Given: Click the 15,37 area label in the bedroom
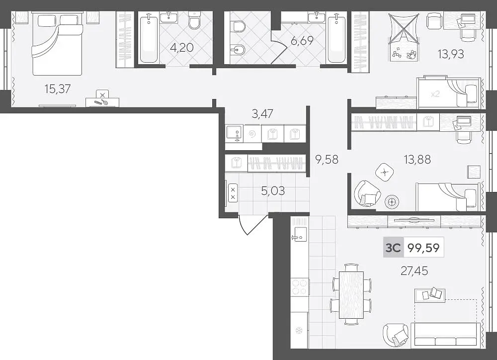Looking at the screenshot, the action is tap(57, 89).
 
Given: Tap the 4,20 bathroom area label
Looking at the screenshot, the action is tap(181, 48).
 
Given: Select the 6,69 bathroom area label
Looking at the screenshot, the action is tap(302, 41).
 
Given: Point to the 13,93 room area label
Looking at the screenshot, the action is tap(451, 54).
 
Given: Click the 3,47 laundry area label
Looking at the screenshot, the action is tap(262, 113).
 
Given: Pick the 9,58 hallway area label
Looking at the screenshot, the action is tap(327, 159).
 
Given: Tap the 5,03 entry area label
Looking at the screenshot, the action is tap(273, 191).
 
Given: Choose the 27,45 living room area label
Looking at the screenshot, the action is tap(414, 271).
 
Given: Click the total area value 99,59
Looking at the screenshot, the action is tap(423, 248).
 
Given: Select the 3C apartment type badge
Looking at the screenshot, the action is tap(393, 248).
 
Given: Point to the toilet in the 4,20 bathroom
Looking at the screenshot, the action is tap(194, 20).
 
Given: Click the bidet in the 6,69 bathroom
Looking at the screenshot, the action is tap(238, 51).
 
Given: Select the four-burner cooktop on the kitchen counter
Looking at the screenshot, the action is tap(300, 287).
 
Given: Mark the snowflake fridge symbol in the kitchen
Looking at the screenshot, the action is tap(298, 331).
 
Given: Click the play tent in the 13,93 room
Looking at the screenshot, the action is tap(404, 37).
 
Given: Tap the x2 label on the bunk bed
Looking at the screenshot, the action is tap(435, 94).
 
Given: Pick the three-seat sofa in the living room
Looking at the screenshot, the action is tap(445, 335).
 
